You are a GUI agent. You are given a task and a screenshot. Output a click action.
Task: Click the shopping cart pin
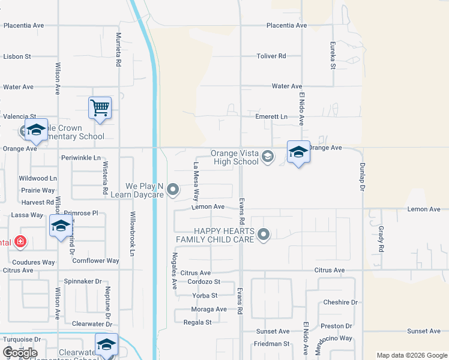click(x=100, y=109)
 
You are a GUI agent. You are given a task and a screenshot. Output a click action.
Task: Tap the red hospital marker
click(x=20, y=242)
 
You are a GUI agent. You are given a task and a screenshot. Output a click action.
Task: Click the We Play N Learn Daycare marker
click(x=173, y=190)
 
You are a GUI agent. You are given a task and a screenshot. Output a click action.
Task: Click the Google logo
click(x=20, y=353)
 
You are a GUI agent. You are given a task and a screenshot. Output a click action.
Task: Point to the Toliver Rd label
click(x=271, y=56)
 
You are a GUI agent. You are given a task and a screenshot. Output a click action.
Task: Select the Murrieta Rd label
click(x=119, y=50)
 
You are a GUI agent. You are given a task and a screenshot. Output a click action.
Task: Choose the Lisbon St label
click(x=17, y=56)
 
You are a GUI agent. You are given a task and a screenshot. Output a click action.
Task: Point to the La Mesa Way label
click(x=196, y=181)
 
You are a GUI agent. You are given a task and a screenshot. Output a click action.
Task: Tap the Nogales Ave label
click(x=175, y=270)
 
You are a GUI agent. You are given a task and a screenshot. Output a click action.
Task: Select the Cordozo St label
click(x=204, y=281)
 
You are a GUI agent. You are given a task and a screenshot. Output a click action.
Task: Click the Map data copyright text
click(x=411, y=355)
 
